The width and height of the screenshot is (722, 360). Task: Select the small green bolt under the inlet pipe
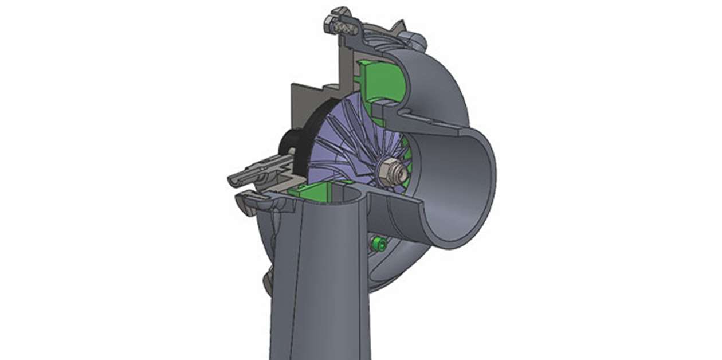coord(378,244)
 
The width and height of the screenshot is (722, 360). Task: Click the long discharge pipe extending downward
coord(321,287)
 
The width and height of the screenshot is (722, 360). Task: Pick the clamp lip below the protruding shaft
coord(252,200)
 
